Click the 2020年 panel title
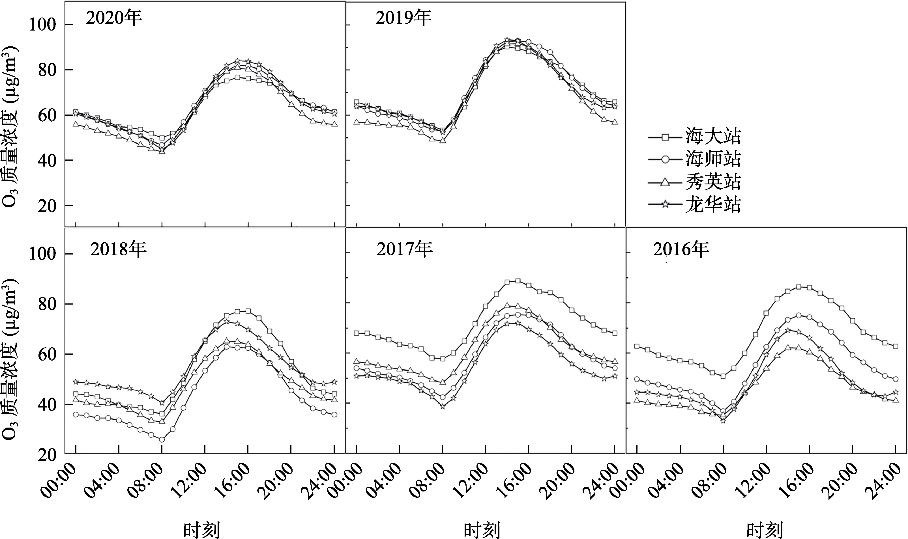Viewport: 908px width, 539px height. (x=114, y=18)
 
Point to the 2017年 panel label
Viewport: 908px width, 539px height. (x=404, y=249)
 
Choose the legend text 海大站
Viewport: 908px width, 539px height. (x=713, y=137)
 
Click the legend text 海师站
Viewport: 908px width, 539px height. (x=713, y=159)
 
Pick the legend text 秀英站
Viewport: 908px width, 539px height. (x=713, y=182)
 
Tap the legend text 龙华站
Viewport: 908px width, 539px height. (x=713, y=204)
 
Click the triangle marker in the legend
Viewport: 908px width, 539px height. (x=665, y=182)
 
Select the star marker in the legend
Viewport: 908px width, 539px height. (x=665, y=204)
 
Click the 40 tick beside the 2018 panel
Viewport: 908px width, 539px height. (x=47, y=404)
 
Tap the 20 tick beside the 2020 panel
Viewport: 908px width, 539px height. (x=47, y=206)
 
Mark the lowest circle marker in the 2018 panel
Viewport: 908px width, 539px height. (x=162, y=440)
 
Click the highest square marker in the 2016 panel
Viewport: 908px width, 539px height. (x=798, y=286)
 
